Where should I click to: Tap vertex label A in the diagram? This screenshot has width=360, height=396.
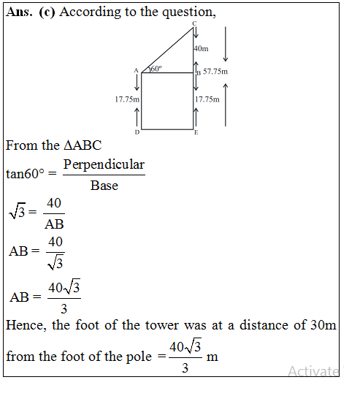(x=136, y=71)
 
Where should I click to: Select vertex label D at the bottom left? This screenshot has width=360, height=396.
(x=137, y=132)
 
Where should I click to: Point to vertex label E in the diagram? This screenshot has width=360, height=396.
(x=196, y=132)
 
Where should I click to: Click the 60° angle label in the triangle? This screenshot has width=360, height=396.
(x=155, y=69)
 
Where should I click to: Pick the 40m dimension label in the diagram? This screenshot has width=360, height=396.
(x=202, y=48)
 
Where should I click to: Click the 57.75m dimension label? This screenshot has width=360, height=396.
(x=215, y=72)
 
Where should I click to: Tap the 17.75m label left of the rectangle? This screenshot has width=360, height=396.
(x=127, y=99)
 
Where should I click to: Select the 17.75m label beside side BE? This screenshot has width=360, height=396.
(x=207, y=99)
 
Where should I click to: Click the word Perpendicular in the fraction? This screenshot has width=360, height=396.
(x=104, y=164)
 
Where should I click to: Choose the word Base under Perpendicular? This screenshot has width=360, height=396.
(x=104, y=185)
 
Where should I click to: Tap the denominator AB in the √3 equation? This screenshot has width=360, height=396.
(x=54, y=224)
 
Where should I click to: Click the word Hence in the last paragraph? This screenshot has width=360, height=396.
(x=25, y=325)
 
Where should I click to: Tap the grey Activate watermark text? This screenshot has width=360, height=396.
(x=313, y=371)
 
